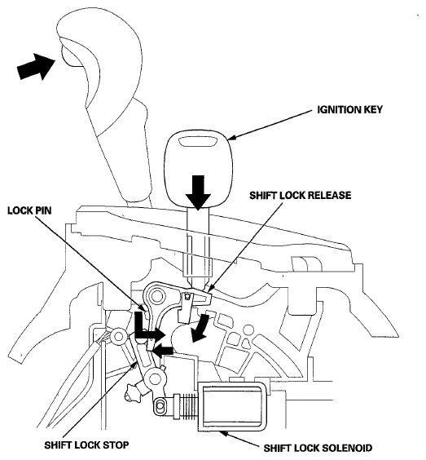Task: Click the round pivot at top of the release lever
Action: [156, 294]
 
